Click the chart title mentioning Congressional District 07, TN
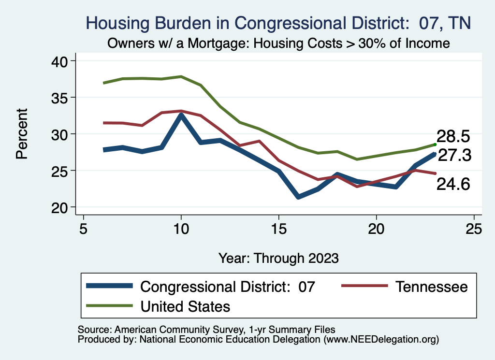(x=278, y=23)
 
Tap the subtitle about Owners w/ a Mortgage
(x=278, y=43)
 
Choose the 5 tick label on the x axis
(x=83, y=228)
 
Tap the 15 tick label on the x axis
(x=278, y=228)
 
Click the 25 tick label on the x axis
(x=474, y=228)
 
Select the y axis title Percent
(x=21, y=134)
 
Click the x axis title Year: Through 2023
(x=278, y=258)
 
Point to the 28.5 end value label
(x=453, y=136)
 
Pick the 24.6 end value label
(x=453, y=184)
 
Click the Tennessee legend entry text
(x=432, y=287)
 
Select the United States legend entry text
(x=185, y=306)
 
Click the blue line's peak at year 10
(x=181, y=115)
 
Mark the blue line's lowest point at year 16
(x=298, y=197)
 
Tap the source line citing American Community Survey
(x=206, y=329)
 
